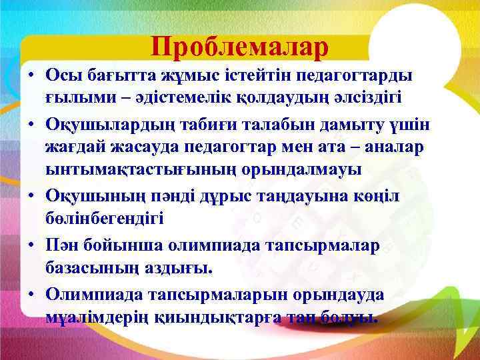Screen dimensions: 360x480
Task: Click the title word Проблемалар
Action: (239, 47)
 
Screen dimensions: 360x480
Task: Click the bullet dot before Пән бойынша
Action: (31, 245)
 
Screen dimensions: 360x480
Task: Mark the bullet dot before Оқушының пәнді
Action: (31, 194)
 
